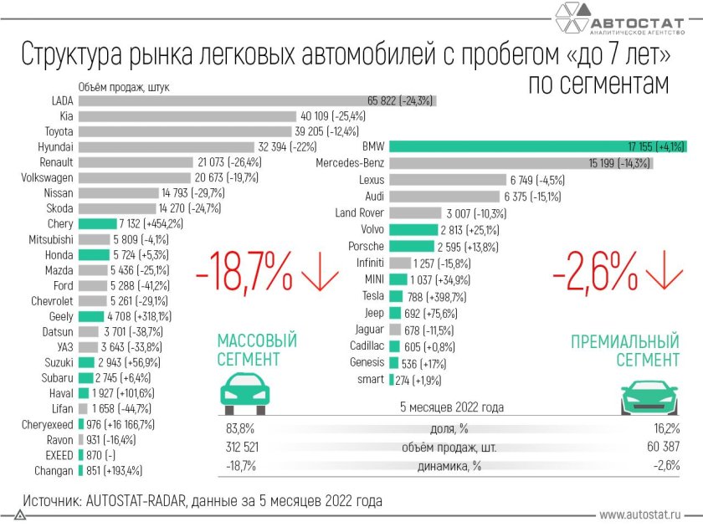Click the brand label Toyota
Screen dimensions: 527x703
pos(59,131)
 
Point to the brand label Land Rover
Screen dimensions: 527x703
pos(359,212)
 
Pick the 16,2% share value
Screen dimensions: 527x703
pos(663,429)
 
